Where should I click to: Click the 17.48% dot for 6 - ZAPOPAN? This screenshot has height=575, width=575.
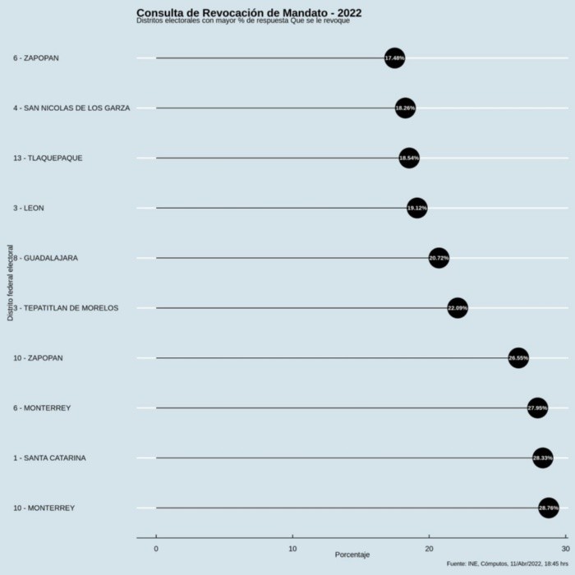[394, 58]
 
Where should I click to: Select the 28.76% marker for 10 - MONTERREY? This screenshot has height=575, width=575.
[548, 508]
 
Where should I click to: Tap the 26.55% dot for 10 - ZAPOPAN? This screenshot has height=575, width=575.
[518, 358]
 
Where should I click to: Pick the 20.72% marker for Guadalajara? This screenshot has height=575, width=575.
[439, 258]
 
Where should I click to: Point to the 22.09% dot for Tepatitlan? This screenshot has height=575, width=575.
[458, 308]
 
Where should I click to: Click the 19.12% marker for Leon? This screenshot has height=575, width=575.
[417, 208]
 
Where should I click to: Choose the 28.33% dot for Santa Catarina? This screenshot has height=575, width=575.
[542, 458]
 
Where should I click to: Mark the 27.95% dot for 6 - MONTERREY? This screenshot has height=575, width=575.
[537, 408]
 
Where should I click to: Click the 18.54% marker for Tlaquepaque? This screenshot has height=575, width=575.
[409, 158]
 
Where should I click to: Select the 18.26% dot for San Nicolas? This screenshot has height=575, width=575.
[405, 108]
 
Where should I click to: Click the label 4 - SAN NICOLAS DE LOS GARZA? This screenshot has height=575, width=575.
[71, 108]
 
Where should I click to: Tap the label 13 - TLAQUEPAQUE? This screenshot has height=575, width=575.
[48, 158]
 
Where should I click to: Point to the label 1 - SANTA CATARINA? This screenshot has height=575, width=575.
[49, 458]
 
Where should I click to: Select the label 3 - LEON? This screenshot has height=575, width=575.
[29, 208]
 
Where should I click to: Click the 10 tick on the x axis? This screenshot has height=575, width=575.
[292, 547]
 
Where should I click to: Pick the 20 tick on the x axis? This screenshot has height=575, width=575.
[429, 547]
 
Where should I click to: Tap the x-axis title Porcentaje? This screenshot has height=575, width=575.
[352, 554]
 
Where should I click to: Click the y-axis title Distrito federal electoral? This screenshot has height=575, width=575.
[10, 283]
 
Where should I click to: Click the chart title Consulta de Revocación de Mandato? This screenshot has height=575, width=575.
[249, 12]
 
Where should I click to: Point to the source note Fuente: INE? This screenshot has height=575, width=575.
[506, 563]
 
